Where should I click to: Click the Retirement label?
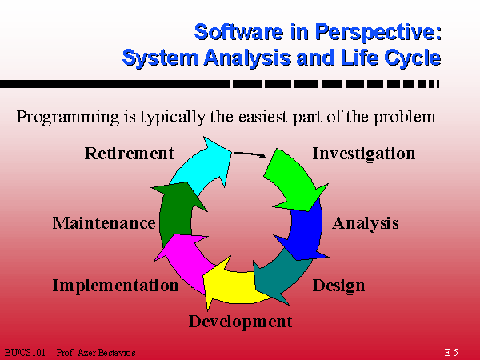(x=129, y=154)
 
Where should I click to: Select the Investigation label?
(x=364, y=154)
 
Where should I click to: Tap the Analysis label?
(x=366, y=223)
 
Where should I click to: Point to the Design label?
(x=338, y=286)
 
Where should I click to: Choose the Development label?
(x=241, y=322)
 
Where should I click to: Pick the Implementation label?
(x=115, y=286)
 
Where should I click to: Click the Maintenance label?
(x=104, y=223)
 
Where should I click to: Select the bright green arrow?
(x=294, y=181)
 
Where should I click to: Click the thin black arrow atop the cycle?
(x=250, y=154)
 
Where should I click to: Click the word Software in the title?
(x=238, y=32)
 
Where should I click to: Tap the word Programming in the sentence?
(x=68, y=118)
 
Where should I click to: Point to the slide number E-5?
(x=451, y=352)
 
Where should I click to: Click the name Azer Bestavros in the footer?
(x=106, y=353)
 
